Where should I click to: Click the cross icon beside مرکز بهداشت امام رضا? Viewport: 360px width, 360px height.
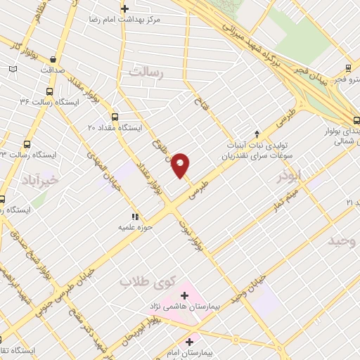124,8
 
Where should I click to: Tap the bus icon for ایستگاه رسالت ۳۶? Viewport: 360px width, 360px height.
49,91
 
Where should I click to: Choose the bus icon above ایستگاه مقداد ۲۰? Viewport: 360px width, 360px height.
115,117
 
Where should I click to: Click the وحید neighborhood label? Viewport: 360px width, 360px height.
342,241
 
